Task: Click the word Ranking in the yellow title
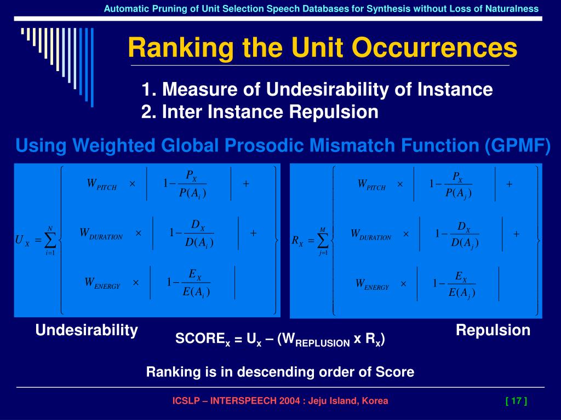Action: click(181, 49)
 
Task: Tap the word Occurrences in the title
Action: click(434, 48)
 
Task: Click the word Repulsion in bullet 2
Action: click(334, 112)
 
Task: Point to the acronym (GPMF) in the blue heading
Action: click(517, 145)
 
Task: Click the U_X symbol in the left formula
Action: click(22, 240)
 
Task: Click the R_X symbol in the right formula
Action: click(297, 241)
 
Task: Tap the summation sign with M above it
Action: click(323, 241)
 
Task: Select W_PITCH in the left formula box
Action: click(101, 185)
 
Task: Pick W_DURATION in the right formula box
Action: click(371, 235)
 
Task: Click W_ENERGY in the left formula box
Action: click(102, 283)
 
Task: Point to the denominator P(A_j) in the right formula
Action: click(459, 193)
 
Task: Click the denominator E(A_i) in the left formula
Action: click(196, 292)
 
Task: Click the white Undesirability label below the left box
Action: click(87, 330)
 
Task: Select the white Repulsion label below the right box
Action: click(493, 330)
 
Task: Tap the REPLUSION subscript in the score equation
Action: click(322, 343)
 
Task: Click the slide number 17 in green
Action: click(516, 401)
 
